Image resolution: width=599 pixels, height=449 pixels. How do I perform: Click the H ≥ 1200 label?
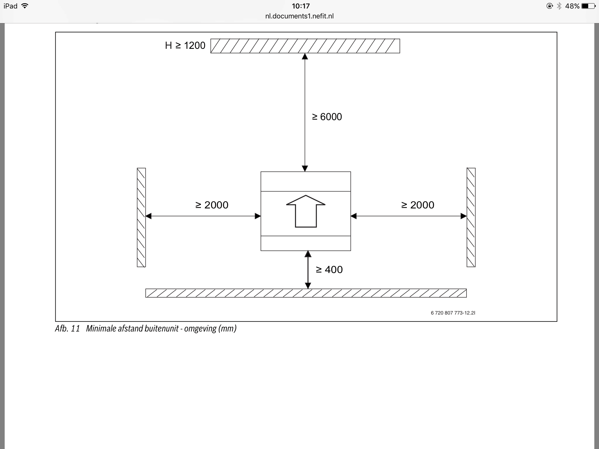(185, 46)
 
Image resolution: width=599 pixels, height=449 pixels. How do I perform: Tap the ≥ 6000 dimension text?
(327, 117)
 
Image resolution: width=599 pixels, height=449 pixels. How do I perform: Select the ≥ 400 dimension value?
(329, 270)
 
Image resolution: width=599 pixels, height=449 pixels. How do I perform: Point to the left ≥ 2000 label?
(212, 205)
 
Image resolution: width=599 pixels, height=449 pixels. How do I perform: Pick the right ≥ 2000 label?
(418, 205)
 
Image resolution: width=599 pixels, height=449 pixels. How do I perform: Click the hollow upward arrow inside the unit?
(306, 211)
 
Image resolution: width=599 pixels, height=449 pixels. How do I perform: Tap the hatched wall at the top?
(305, 46)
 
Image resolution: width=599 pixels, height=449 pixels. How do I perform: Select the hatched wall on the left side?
(141, 217)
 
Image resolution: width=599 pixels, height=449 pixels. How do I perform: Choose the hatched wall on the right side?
(471, 217)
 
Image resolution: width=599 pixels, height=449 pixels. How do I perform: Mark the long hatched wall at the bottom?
(306, 293)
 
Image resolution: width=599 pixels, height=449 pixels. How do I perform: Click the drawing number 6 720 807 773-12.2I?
(453, 313)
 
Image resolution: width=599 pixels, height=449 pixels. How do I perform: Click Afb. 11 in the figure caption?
(67, 329)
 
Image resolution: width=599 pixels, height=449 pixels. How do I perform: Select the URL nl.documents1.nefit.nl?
(299, 16)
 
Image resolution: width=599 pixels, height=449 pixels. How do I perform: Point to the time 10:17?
(301, 6)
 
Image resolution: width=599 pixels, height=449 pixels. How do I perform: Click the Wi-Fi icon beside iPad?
(25, 6)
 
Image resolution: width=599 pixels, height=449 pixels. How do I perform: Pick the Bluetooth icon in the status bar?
(559, 6)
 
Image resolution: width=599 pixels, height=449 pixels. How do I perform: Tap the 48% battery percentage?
(572, 6)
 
